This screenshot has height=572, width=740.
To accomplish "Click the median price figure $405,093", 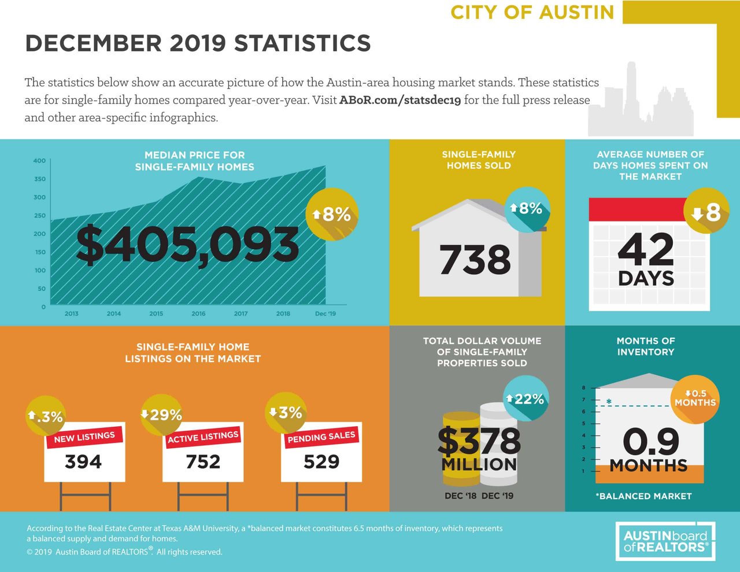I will click(x=187, y=245).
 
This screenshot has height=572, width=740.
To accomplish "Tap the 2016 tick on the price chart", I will click(x=198, y=313).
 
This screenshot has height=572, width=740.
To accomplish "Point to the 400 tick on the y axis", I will click(x=39, y=161).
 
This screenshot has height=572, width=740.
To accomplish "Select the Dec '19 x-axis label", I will click(x=325, y=313).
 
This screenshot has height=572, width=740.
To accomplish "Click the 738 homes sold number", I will click(x=475, y=260).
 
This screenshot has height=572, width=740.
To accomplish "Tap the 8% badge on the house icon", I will click(x=527, y=209).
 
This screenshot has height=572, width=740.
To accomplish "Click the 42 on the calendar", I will click(x=646, y=249).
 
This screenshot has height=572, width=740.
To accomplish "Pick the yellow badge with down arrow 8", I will click(x=706, y=212).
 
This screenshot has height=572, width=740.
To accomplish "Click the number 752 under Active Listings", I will click(x=203, y=462).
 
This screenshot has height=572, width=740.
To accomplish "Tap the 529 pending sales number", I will click(x=321, y=462).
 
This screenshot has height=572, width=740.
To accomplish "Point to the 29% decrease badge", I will click(x=162, y=415).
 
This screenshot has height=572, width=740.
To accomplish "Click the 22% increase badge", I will click(x=526, y=398).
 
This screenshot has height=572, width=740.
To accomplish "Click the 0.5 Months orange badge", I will click(x=695, y=398).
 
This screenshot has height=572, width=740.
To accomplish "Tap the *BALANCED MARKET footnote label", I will click(x=643, y=496).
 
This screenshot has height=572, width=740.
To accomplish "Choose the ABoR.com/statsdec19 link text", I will click(x=399, y=100).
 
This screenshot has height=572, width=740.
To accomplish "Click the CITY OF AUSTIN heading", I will click(x=532, y=12).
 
